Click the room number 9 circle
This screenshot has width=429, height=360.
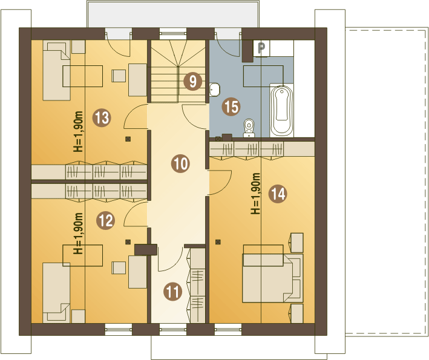click(193, 81)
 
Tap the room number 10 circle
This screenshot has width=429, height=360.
click(180, 163)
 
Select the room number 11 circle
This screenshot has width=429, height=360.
click(172, 292)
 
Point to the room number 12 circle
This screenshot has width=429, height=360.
click(106, 220)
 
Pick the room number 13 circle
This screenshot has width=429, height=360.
click(102, 118)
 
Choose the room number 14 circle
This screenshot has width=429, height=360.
click(278, 194)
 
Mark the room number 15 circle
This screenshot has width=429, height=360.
click(231, 106)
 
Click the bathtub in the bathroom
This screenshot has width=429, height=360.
click(282, 111)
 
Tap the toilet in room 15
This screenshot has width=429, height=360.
click(249, 128)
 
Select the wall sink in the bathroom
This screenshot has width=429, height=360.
click(214, 90)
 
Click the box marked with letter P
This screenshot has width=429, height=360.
click(261, 48)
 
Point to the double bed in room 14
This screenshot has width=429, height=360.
click(273, 278)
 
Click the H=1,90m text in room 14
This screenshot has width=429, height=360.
click(255, 194)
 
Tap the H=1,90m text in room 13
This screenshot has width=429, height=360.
click(78, 131)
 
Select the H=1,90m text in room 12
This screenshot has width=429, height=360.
click(78, 234)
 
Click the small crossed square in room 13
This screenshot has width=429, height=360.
click(128, 139)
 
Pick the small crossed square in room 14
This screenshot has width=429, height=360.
click(218, 242)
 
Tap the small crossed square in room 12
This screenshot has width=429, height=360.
click(128, 242)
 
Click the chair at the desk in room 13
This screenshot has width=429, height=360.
click(119, 76)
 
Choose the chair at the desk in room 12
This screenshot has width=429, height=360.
click(119, 268)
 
